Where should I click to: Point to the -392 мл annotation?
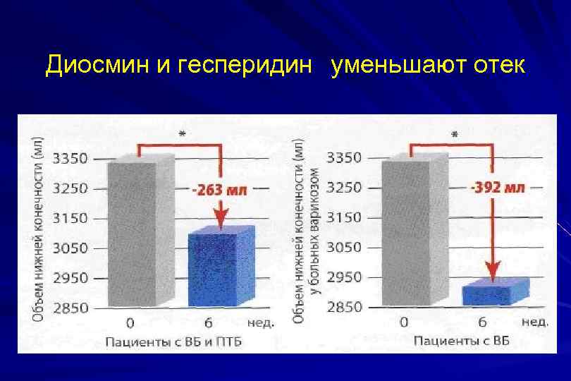[497, 188]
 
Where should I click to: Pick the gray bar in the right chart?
[409, 233]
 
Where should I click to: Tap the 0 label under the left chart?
[130, 324]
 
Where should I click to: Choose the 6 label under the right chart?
[483, 323]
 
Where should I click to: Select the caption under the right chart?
[461, 341]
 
